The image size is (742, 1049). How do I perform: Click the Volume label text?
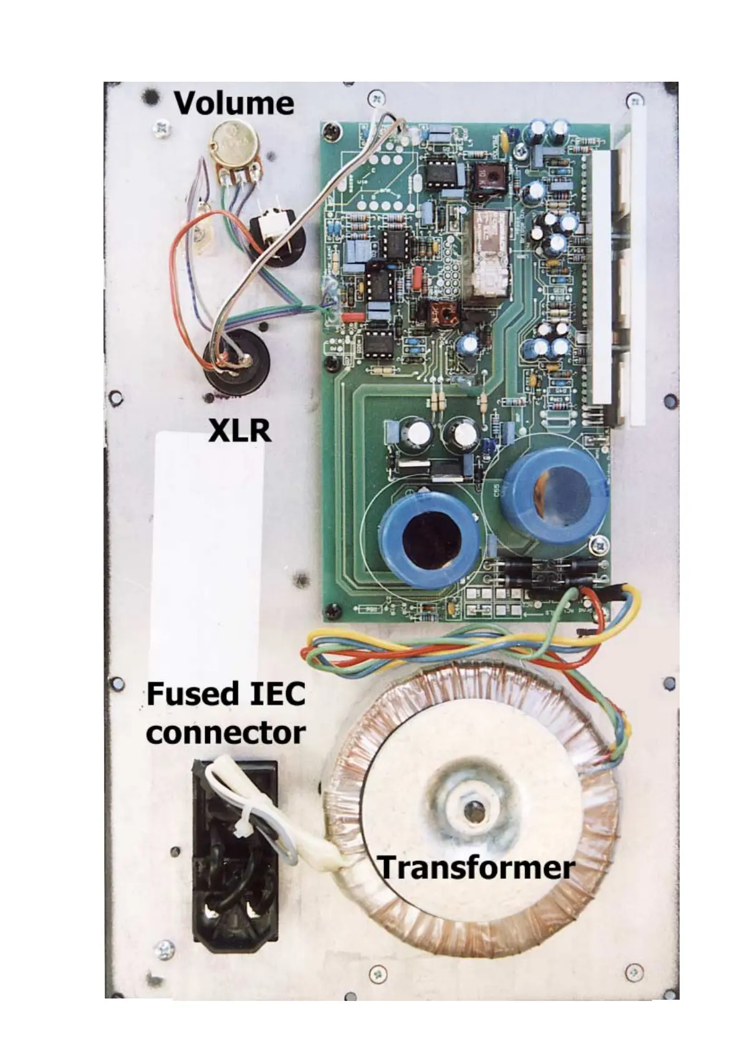[234, 103]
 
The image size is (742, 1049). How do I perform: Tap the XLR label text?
[239, 430]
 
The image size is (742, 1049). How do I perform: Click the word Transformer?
[476, 868]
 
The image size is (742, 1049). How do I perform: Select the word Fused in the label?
[186, 694]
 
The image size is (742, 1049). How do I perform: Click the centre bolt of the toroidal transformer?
[475, 813]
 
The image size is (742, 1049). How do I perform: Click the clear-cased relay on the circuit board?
[491, 256]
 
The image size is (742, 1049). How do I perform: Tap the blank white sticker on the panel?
[206, 549]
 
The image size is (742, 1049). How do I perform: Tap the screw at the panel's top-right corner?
[634, 100]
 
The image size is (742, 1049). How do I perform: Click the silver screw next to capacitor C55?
[599, 543]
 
